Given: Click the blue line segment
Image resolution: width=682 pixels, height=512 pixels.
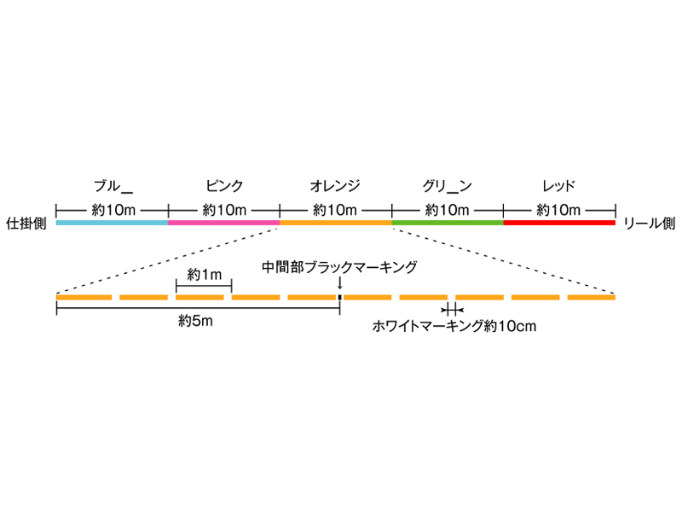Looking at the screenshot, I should point(112,223).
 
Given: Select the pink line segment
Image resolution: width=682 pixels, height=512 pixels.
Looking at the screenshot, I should point(224,223).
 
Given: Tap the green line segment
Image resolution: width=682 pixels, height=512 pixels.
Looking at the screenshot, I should point(448,223).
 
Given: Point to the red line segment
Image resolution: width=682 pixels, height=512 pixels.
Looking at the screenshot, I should point(559,223).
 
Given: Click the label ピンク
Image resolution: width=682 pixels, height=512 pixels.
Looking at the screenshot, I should point(224,185).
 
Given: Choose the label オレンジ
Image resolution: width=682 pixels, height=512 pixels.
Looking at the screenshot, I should point(336,185).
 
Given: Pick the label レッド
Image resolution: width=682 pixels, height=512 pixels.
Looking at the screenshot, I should point(559,185).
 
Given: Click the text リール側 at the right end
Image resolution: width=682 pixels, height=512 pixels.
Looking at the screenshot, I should point(650,223).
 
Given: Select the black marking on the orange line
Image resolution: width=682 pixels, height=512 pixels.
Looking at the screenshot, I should point(339,297).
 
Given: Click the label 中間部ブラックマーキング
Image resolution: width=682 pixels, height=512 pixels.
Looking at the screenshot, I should point(339,267).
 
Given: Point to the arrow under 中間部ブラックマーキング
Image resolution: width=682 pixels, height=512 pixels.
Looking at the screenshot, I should point(339,283).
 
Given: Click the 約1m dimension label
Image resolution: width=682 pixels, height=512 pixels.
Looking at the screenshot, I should point(204,274).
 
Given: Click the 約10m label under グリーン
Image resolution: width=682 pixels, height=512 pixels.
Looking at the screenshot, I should point(448,209).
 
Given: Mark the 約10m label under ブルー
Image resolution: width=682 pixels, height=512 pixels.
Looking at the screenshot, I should point(112,209).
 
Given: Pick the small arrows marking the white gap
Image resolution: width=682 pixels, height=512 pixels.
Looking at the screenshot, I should point(452,310).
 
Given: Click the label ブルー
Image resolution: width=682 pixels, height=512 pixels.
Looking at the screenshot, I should point(113,185).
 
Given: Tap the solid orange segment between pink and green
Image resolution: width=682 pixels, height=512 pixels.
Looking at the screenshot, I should point(336,223).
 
